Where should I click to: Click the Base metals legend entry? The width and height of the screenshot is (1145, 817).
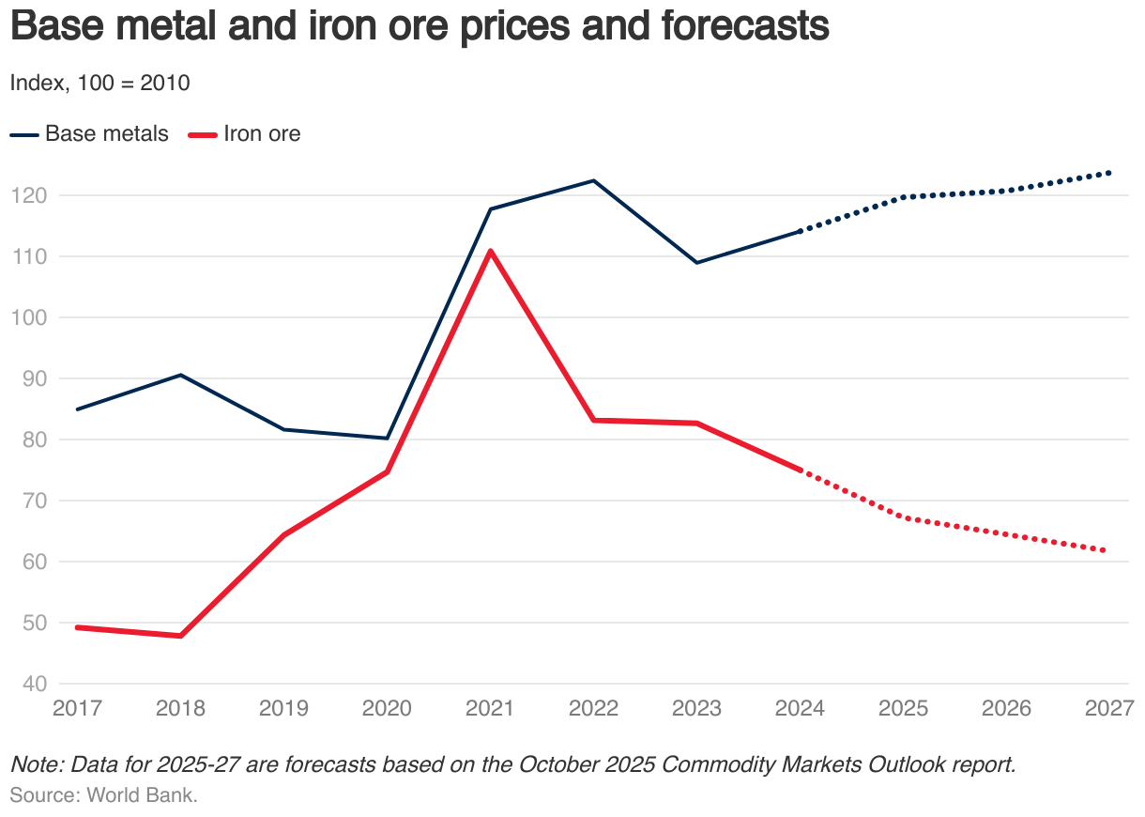(x=90, y=133)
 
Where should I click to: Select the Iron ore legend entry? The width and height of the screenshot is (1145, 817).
(x=246, y=133)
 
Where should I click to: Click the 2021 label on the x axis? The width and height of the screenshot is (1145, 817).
(x=490, y=707)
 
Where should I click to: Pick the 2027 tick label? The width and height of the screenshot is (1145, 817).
(x=1108, y=707)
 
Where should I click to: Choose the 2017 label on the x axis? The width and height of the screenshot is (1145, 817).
(x=77, y=707)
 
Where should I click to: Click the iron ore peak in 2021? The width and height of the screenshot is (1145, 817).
(x=490, y=251)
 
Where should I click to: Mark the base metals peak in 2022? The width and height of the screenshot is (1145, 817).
(x=593, y=180)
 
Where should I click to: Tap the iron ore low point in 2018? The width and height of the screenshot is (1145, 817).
(x=180, y=636)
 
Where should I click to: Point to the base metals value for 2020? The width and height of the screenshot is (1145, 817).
(x=387, y=438)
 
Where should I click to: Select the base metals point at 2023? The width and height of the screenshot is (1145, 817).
(x=696, y=262)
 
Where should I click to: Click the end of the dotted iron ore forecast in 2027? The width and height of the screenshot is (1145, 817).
(x=1107, y=550)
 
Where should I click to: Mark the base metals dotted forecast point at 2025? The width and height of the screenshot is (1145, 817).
(x=903, y=197)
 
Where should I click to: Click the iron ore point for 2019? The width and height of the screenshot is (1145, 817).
(x=283, y=535)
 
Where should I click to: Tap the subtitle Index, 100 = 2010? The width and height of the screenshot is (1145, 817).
(x=99, y=83)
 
